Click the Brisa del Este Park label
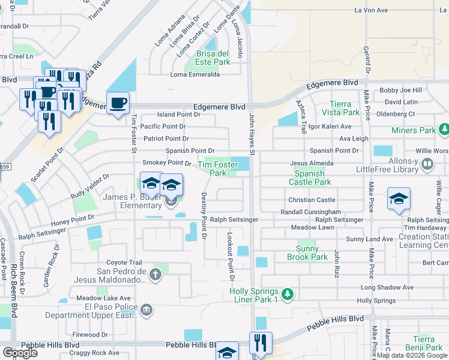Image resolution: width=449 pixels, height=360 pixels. pos(212,57)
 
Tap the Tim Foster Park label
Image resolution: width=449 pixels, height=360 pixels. pos(212,169)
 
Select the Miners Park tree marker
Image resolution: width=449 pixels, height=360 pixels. pos(444,130)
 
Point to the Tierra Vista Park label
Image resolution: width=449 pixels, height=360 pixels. pos(340,108)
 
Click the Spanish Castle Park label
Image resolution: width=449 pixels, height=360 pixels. pos(310,177)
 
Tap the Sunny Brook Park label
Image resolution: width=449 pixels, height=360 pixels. pos(312,253)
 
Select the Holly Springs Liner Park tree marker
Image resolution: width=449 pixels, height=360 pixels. pos(288,294)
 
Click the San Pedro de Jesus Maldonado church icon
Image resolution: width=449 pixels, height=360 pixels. pos(155,275)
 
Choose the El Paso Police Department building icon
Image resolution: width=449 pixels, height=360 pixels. pos(146,310)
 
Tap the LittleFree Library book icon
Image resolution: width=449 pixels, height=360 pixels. pos(427,163)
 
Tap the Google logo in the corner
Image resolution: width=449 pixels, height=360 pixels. pos(20,353)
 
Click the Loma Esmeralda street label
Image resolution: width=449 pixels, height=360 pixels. pos(195,74)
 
